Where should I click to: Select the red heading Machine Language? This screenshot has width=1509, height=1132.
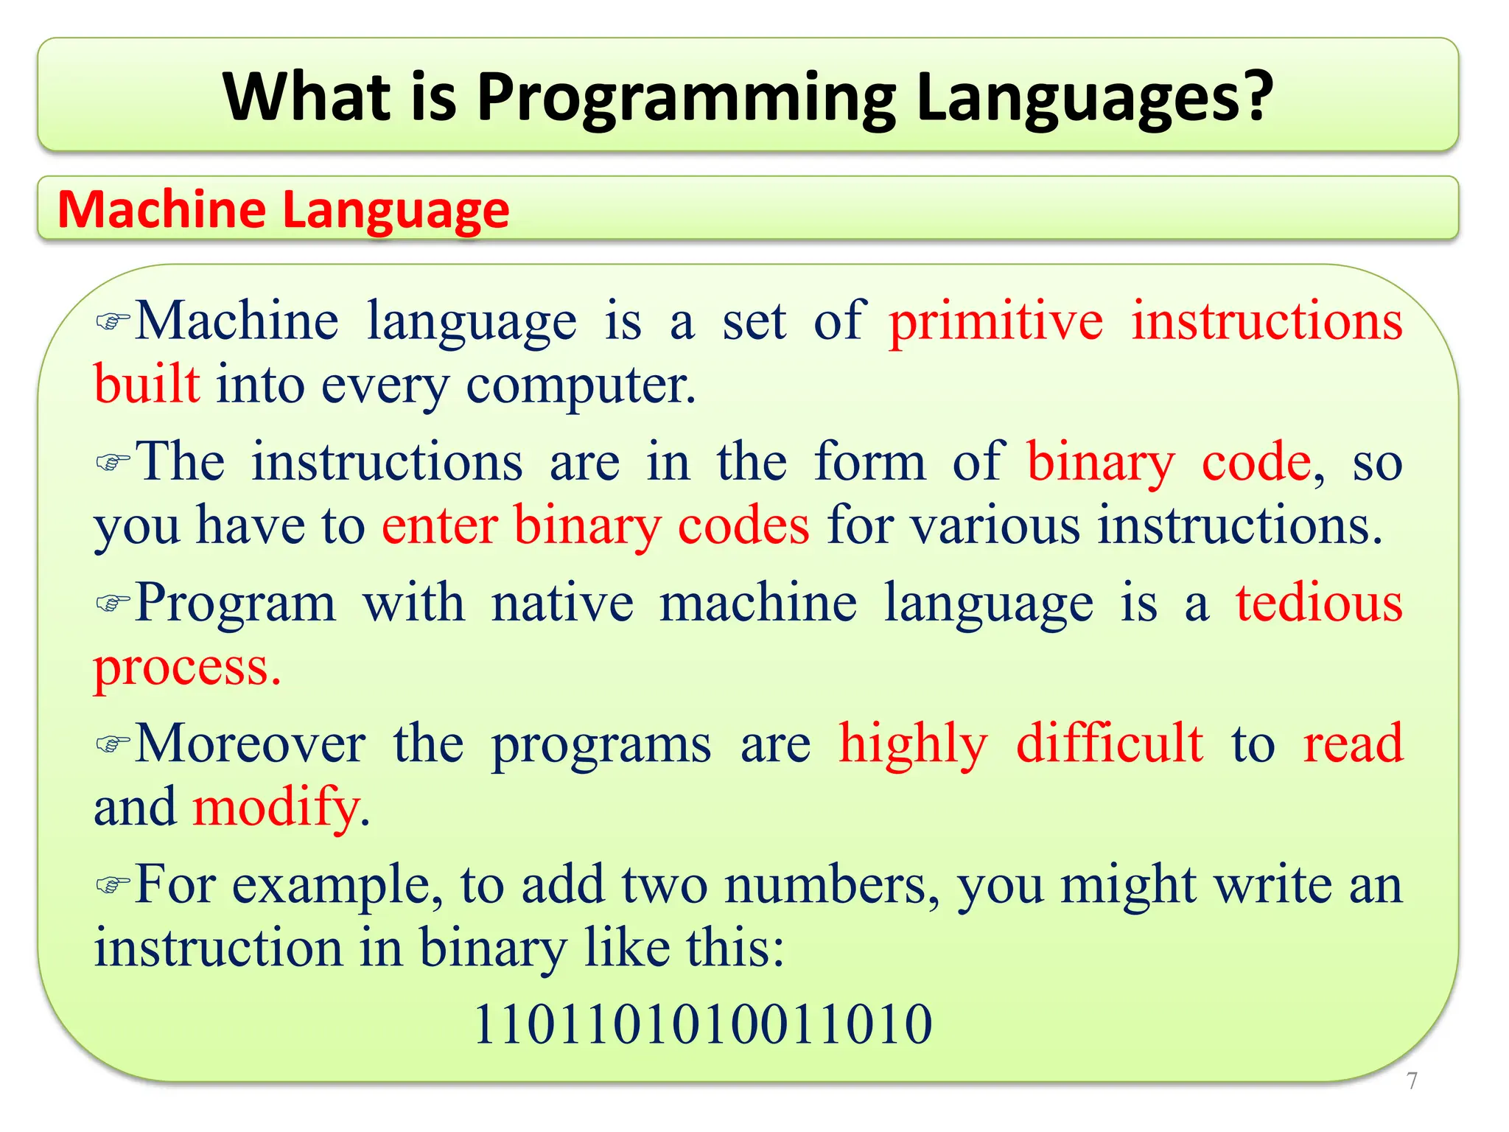click(x=283, y=210)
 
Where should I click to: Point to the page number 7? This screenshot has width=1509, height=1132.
click(x=1412, y=1081)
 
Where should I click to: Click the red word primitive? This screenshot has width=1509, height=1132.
click(x=996, y=322)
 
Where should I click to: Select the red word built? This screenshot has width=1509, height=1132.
click(x=147, y=385)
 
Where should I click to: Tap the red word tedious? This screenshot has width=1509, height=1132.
click(x=1319, y=604)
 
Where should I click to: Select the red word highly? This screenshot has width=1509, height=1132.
click(x=913, y=744)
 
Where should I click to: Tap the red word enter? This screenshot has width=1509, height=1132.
click(x=440, y=526)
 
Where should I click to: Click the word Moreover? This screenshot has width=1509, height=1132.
click(x=251, y=744)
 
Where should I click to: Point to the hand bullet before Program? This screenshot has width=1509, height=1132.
click(x=113, y=604)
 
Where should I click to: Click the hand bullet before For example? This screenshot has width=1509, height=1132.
click(x=113, y=884)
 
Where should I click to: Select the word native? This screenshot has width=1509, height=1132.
click(x=562, y=604)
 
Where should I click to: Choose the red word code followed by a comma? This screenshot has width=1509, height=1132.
click(x=1257, y=463)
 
